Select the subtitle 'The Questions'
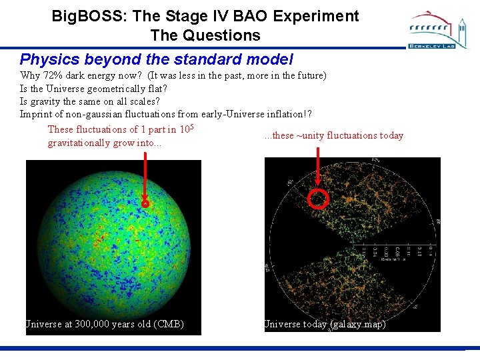click(205, 35)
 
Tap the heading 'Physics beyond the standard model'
click(156, 59)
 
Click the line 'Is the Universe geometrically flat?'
click(93, 89)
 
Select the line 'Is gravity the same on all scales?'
click(90, 101)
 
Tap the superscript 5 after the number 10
click(191, 127)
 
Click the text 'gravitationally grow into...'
click(105, 143)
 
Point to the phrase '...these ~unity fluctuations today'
click(333, 135)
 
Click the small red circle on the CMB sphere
click(145, 205)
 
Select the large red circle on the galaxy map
click(320, 199)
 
